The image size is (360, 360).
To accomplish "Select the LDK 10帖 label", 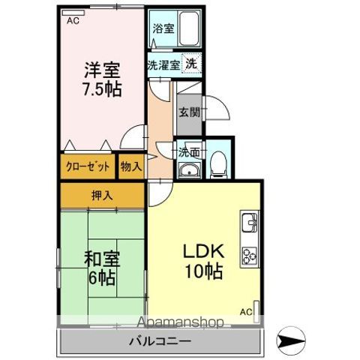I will pos(202,260).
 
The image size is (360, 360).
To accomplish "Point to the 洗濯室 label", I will pos(163,65).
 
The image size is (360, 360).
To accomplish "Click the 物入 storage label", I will pos(131,166).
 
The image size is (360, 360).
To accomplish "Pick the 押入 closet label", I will pos(102,196).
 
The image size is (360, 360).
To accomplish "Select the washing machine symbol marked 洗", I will pos(193,64).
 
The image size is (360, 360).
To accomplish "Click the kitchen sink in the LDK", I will pos(249,223).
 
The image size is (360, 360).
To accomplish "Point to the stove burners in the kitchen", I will pos(249,255).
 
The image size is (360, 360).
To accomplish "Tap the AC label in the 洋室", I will pos(72,21).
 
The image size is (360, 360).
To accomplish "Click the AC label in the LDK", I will pos(245,310).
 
